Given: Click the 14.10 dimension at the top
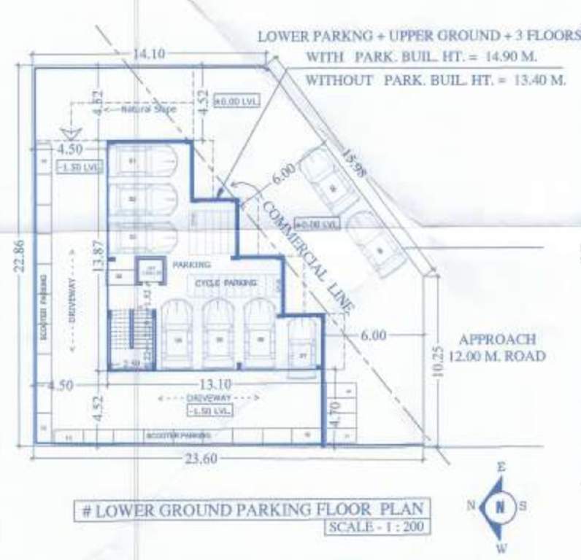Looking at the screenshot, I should tap(148, 54).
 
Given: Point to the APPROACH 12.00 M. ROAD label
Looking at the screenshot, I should tap(497, 348).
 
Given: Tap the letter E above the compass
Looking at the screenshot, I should tap(501, 468).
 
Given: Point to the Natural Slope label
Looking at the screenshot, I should tap(144, 109).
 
